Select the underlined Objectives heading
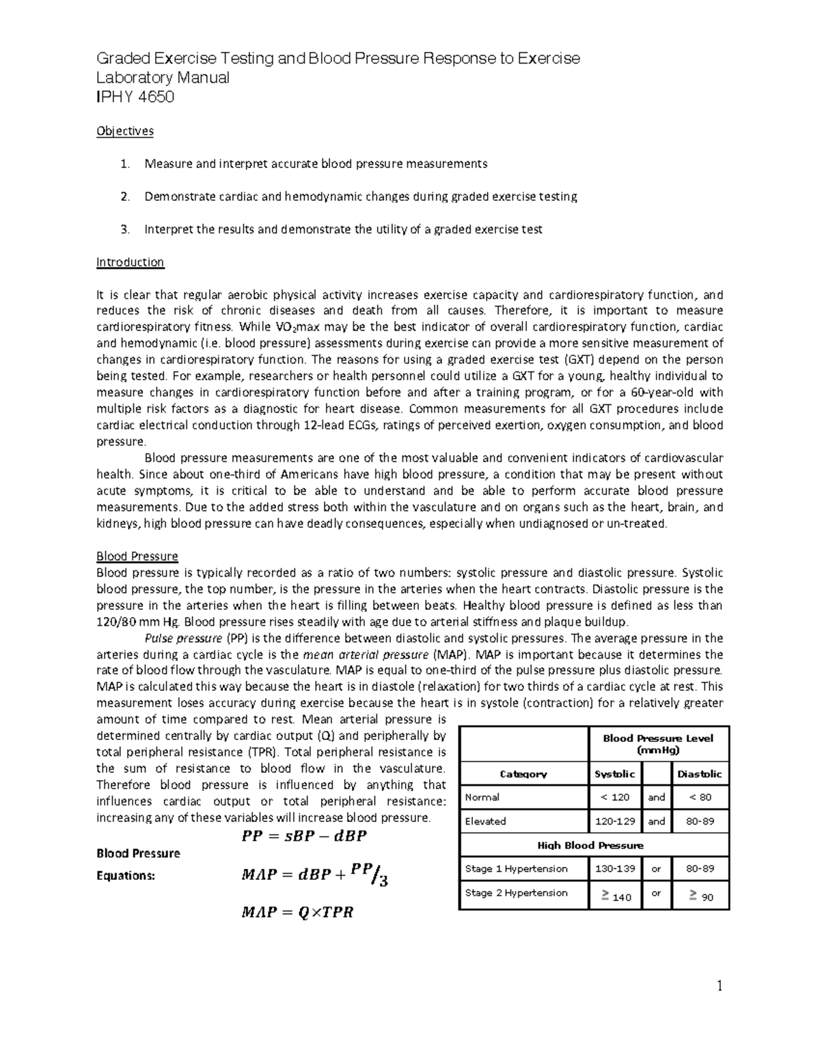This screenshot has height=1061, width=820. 125,130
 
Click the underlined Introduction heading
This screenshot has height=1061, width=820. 130,262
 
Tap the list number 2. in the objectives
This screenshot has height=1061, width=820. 124,197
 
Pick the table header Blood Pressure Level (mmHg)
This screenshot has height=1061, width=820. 657,743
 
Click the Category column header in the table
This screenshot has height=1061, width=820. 523,774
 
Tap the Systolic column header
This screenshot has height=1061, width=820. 614,774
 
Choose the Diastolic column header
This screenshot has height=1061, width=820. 700,774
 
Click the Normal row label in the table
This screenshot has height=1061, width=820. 482,797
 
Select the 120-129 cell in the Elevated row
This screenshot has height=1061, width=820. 614,821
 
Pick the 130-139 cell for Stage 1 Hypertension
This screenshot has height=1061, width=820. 614,869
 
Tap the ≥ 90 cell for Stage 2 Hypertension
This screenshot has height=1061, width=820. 700,895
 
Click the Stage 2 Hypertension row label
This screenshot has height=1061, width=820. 516,893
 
